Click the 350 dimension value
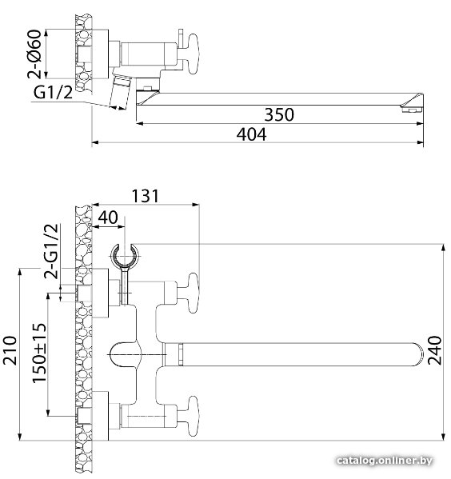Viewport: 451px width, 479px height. [279, 114]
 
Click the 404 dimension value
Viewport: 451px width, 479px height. [251, 134]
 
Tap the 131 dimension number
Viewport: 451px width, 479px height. [146, 196]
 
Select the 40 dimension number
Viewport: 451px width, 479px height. [108, 218]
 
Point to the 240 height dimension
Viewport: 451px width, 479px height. [434, 350]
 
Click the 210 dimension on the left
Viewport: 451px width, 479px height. [10, 350]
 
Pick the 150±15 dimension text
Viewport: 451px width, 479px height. [39, 353]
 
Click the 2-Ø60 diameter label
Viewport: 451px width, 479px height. [34, 54]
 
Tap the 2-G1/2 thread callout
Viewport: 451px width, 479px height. [50, 251]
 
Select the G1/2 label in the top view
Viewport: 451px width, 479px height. [53, 92]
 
